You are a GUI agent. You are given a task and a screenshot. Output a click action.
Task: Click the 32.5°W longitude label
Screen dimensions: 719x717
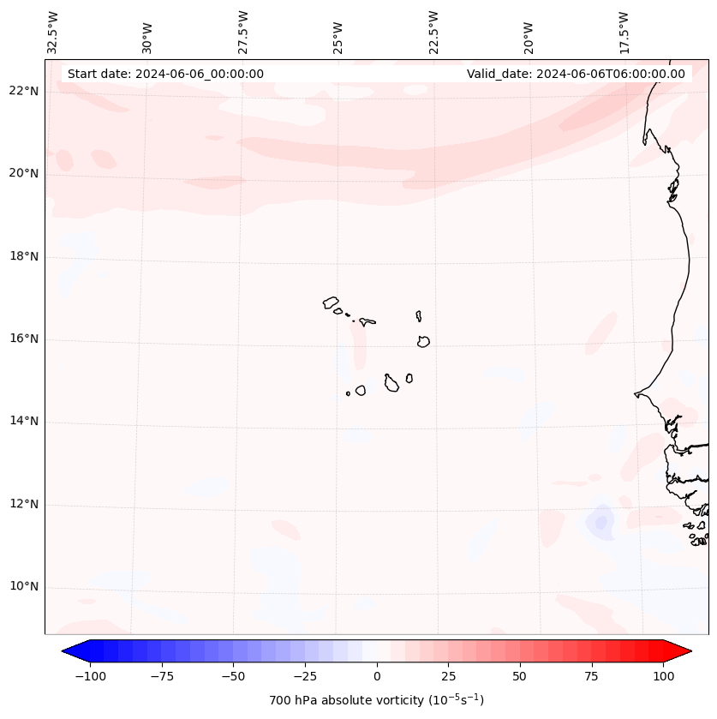[x=53, y=32]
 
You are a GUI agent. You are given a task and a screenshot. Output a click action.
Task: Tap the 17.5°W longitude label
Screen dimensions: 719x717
[x=624, y=32]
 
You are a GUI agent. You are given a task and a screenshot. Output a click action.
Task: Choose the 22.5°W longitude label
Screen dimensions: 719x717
[x=433, y=32]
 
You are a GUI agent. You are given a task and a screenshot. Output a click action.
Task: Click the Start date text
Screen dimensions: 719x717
[x=165, y=74]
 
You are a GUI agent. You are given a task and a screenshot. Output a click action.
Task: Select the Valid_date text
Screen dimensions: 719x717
[x=576, y=74]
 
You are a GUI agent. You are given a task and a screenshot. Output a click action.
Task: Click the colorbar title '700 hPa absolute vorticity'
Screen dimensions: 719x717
[x=377, y=700]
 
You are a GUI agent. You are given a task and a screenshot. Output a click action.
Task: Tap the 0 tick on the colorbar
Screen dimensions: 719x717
[x=377, y=676]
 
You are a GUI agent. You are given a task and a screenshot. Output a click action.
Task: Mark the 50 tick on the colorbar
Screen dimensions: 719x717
[x=520, y=676]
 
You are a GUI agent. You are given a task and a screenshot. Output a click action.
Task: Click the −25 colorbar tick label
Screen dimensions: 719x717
[x=305, y=676]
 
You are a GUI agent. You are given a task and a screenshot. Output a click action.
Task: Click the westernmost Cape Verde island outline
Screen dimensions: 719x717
[x=331, y=303]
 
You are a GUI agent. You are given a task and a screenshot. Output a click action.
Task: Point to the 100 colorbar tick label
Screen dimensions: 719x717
[x=662, y=676]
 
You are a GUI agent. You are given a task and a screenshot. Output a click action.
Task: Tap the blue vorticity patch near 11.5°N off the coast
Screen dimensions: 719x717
[x=600, y=522]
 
